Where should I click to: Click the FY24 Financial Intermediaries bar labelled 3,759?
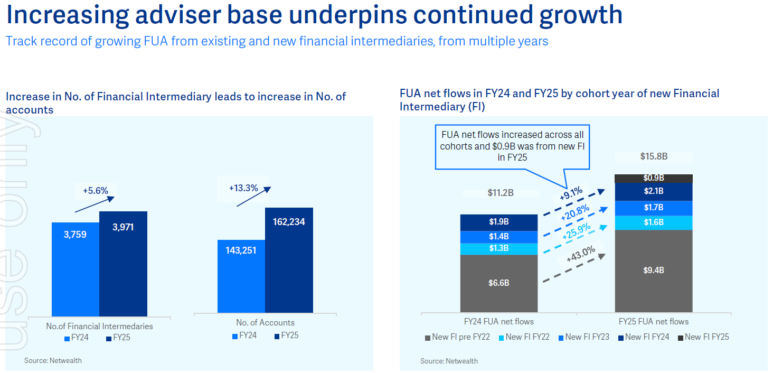point(75,269)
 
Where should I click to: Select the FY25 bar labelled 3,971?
point(123,264)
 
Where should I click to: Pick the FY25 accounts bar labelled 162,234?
point(289,262)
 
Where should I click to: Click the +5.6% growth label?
point(96,191)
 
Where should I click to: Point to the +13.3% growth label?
point(243,188)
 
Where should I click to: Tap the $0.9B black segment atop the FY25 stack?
point(653,178)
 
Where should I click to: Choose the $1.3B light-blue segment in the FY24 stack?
point(498,249)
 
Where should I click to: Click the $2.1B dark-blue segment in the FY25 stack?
point(653,191)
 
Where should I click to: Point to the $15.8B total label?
point(654,156)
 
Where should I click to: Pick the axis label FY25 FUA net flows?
point(653,321)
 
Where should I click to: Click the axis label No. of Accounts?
point(265,323)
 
